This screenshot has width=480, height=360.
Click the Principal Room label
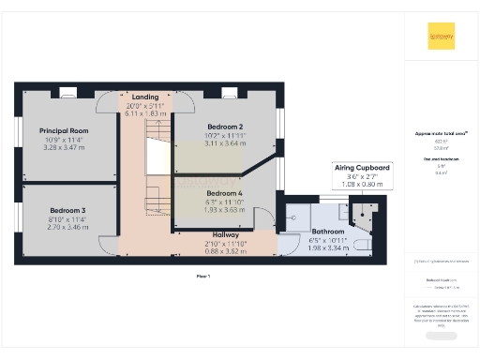point(63,131)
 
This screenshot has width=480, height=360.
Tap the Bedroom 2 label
point(224,127)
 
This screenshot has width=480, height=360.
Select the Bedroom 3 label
point(67,211)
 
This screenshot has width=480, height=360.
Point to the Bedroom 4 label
point(224,192)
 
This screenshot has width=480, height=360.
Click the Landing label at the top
point(144,97)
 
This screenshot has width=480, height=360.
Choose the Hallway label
point(224,234)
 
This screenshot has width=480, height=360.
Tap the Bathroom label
point(328,231)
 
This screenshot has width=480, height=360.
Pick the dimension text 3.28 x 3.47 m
point(63,148)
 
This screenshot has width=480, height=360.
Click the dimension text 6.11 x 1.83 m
point(144,113)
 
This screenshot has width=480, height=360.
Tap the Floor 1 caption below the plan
point(202,276)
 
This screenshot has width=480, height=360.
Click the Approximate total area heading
point(441,133)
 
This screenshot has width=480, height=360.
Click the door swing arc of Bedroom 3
point(106,246)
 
